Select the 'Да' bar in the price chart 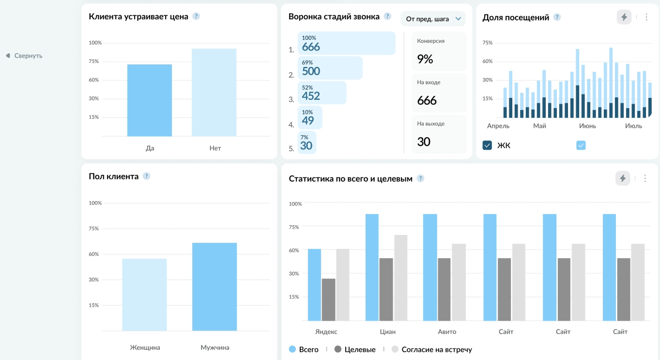pos(150,100)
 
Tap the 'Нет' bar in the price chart pos(214,92)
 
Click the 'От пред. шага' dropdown pos(433,19)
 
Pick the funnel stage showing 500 pos(330,68)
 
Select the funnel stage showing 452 pos(322,93)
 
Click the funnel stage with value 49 pos(310,118)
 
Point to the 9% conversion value pos(425,59)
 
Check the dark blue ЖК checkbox pos(487,145)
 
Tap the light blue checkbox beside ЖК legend pos(581,145)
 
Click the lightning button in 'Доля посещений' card pos(624,17)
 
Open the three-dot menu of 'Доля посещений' pos(646,17)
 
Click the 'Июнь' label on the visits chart pos(587,126)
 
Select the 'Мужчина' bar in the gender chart pos(215,286)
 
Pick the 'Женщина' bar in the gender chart pos(144,295)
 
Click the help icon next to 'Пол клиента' pos(146,176)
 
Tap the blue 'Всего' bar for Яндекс pos(314,285)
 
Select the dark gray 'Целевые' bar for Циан pos(386,290)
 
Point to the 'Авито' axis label pos(447,332)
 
